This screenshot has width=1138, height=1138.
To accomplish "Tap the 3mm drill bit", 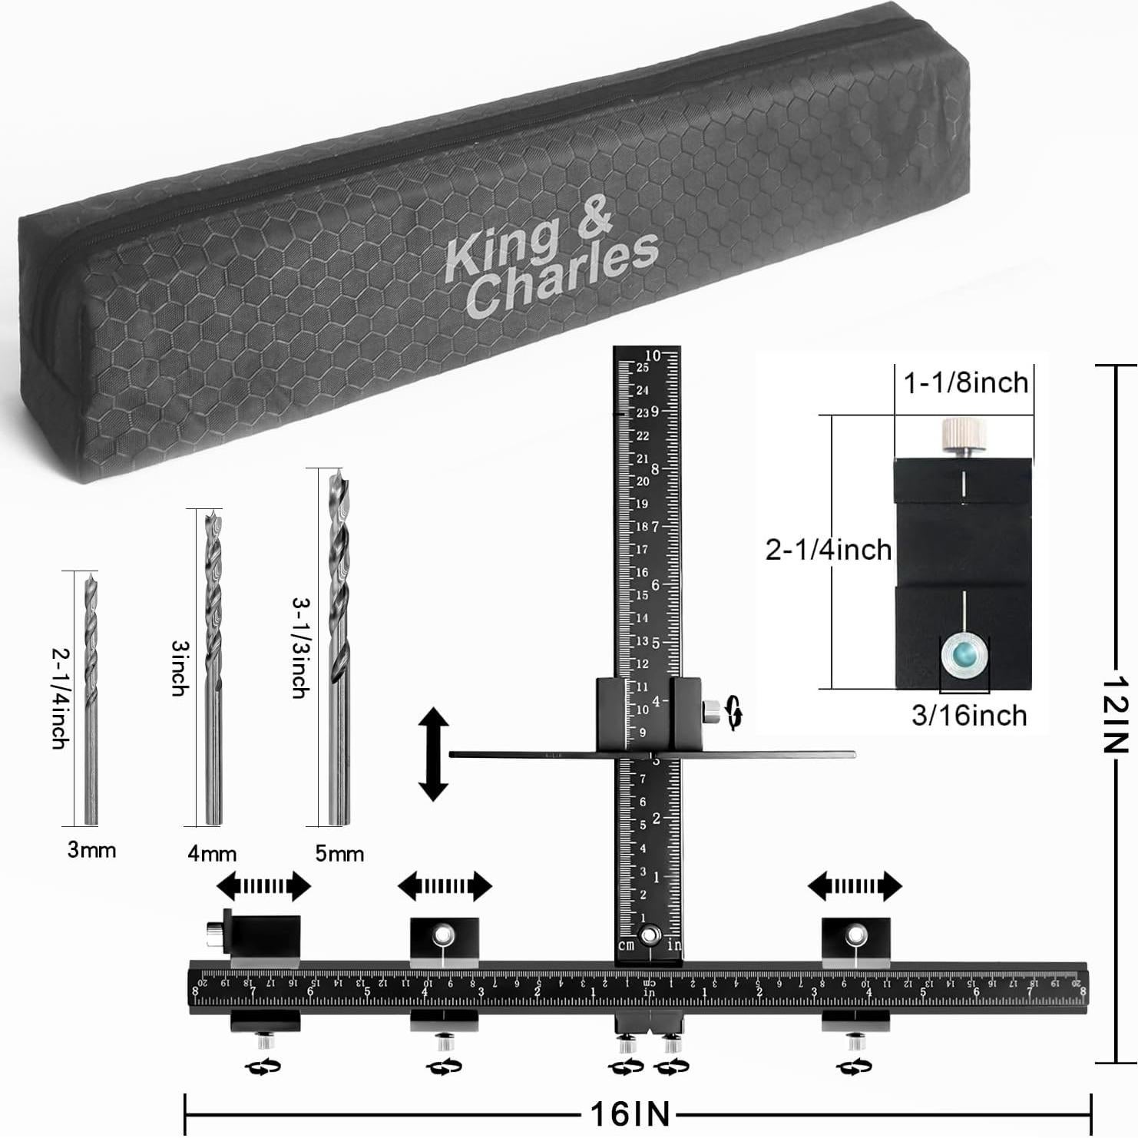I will pos(91,699).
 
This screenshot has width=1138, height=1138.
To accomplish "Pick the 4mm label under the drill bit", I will pos(212,853).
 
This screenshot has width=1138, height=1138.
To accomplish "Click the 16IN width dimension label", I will pos(630,1113).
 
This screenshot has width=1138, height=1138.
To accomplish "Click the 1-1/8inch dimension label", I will pos(965,382).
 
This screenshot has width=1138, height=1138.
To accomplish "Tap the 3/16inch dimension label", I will pos(969,716).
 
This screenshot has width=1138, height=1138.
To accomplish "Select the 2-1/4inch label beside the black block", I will pos(829,550).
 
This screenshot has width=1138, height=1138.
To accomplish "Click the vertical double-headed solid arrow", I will pos(434,755).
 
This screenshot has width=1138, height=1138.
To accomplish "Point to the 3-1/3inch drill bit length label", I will pos(300,648).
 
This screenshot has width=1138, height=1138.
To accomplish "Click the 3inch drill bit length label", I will pos(180,668).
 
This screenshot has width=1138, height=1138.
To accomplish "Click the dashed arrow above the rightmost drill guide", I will pos(855,886).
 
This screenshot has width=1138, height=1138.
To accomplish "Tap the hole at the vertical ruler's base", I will pos(650,935).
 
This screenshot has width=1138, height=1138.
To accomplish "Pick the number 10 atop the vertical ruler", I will pos(653,356).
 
